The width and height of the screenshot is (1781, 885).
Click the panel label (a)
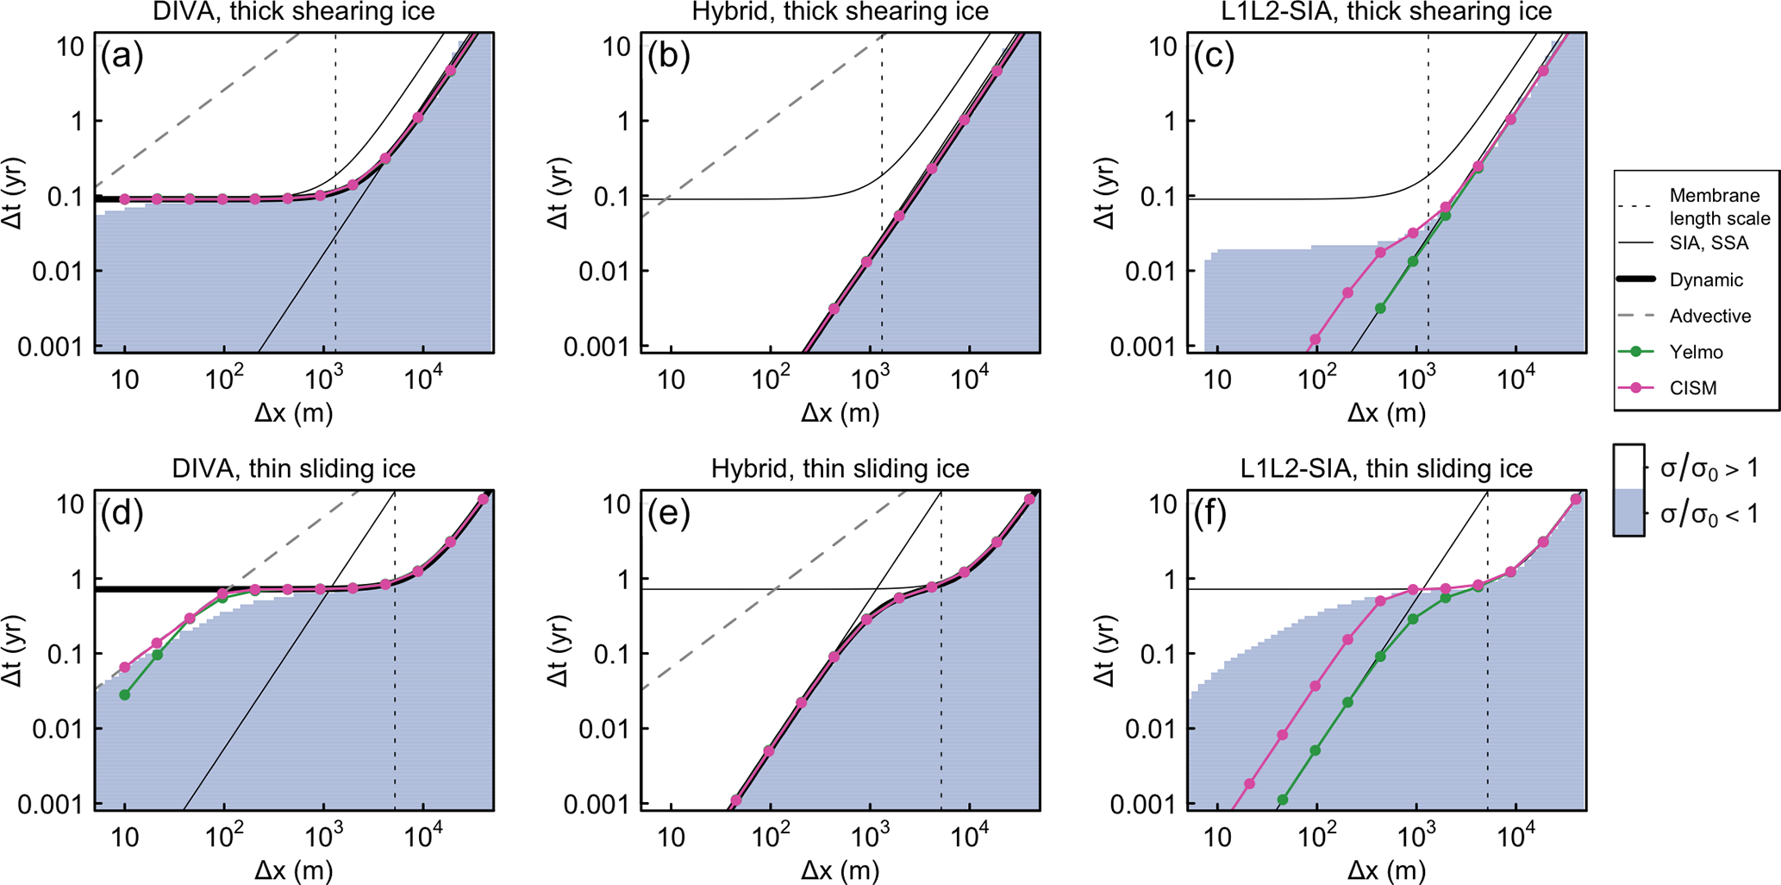pos(122,56)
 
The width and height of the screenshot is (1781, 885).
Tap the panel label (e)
pos(668,514)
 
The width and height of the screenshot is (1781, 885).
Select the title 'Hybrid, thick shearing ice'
pos(840,12)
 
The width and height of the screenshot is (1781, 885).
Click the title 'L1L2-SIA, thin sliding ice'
pos(1386,468)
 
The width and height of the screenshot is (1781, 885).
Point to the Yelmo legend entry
pos(1696,352)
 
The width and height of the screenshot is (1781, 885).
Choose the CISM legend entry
pos(1693,388)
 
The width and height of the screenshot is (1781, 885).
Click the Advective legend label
pos(1709,316)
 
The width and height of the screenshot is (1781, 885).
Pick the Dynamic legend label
pos(1706,280)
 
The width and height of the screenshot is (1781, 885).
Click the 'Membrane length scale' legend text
pos(1719,207)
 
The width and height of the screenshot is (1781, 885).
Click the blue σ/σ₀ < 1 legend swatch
pos(1628,514)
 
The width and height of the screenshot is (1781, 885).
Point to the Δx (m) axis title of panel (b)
pos(840,413)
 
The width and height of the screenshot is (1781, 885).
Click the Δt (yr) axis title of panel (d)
pos(13,650)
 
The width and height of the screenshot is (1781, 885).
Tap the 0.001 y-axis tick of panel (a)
pos(53,347)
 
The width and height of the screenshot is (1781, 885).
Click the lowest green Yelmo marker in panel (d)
pos(125,694)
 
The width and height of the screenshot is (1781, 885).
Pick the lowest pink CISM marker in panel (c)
pos(1315,340)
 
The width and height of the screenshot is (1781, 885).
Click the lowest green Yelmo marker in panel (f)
pos(1282,800)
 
